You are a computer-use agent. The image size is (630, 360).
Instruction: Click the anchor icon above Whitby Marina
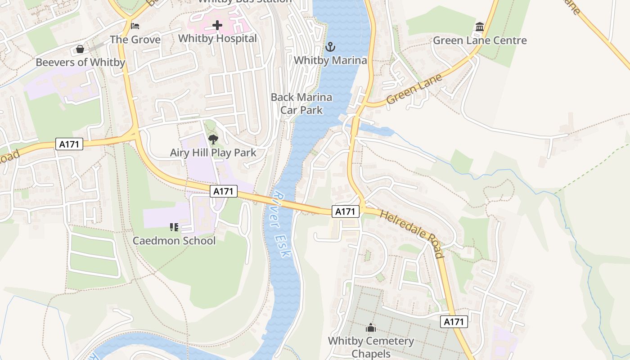(x=331, y=46)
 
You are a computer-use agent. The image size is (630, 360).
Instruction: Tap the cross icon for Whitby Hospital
(x=217, y=25)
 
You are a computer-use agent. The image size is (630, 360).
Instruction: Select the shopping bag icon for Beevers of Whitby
(x=80, y=49)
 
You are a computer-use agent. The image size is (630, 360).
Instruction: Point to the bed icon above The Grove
(x=135, y=26)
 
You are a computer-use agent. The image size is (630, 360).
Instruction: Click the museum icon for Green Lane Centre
(x=480, y=27)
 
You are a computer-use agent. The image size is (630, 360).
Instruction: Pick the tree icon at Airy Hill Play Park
(x=213, y=139)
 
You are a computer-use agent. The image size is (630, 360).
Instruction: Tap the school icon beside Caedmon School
(x=174, y=227)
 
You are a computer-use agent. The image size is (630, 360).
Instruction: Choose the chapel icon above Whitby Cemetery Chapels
(x=370, y=328)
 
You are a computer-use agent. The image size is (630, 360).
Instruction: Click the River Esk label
(x=282, y=225)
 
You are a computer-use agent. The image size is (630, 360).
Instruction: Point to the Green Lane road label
(x=414, y=90)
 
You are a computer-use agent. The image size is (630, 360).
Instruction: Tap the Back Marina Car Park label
(x=301, y=103)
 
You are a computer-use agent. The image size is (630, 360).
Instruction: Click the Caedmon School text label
(x=174, y=241)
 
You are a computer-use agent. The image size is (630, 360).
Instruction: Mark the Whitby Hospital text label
(x=217, y=39)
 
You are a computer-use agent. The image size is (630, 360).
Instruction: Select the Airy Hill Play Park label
(x=213, y=153)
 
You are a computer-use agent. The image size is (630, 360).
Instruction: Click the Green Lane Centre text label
(x=480, y=40)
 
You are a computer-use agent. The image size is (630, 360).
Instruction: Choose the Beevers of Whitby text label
(x=80, y=62)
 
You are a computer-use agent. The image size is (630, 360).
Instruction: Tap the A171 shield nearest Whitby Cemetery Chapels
(x=454, y=321)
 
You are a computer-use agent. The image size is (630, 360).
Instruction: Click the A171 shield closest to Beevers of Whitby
(x=69, y=144)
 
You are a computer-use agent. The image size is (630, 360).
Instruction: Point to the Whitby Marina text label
(x=331, y=60)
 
